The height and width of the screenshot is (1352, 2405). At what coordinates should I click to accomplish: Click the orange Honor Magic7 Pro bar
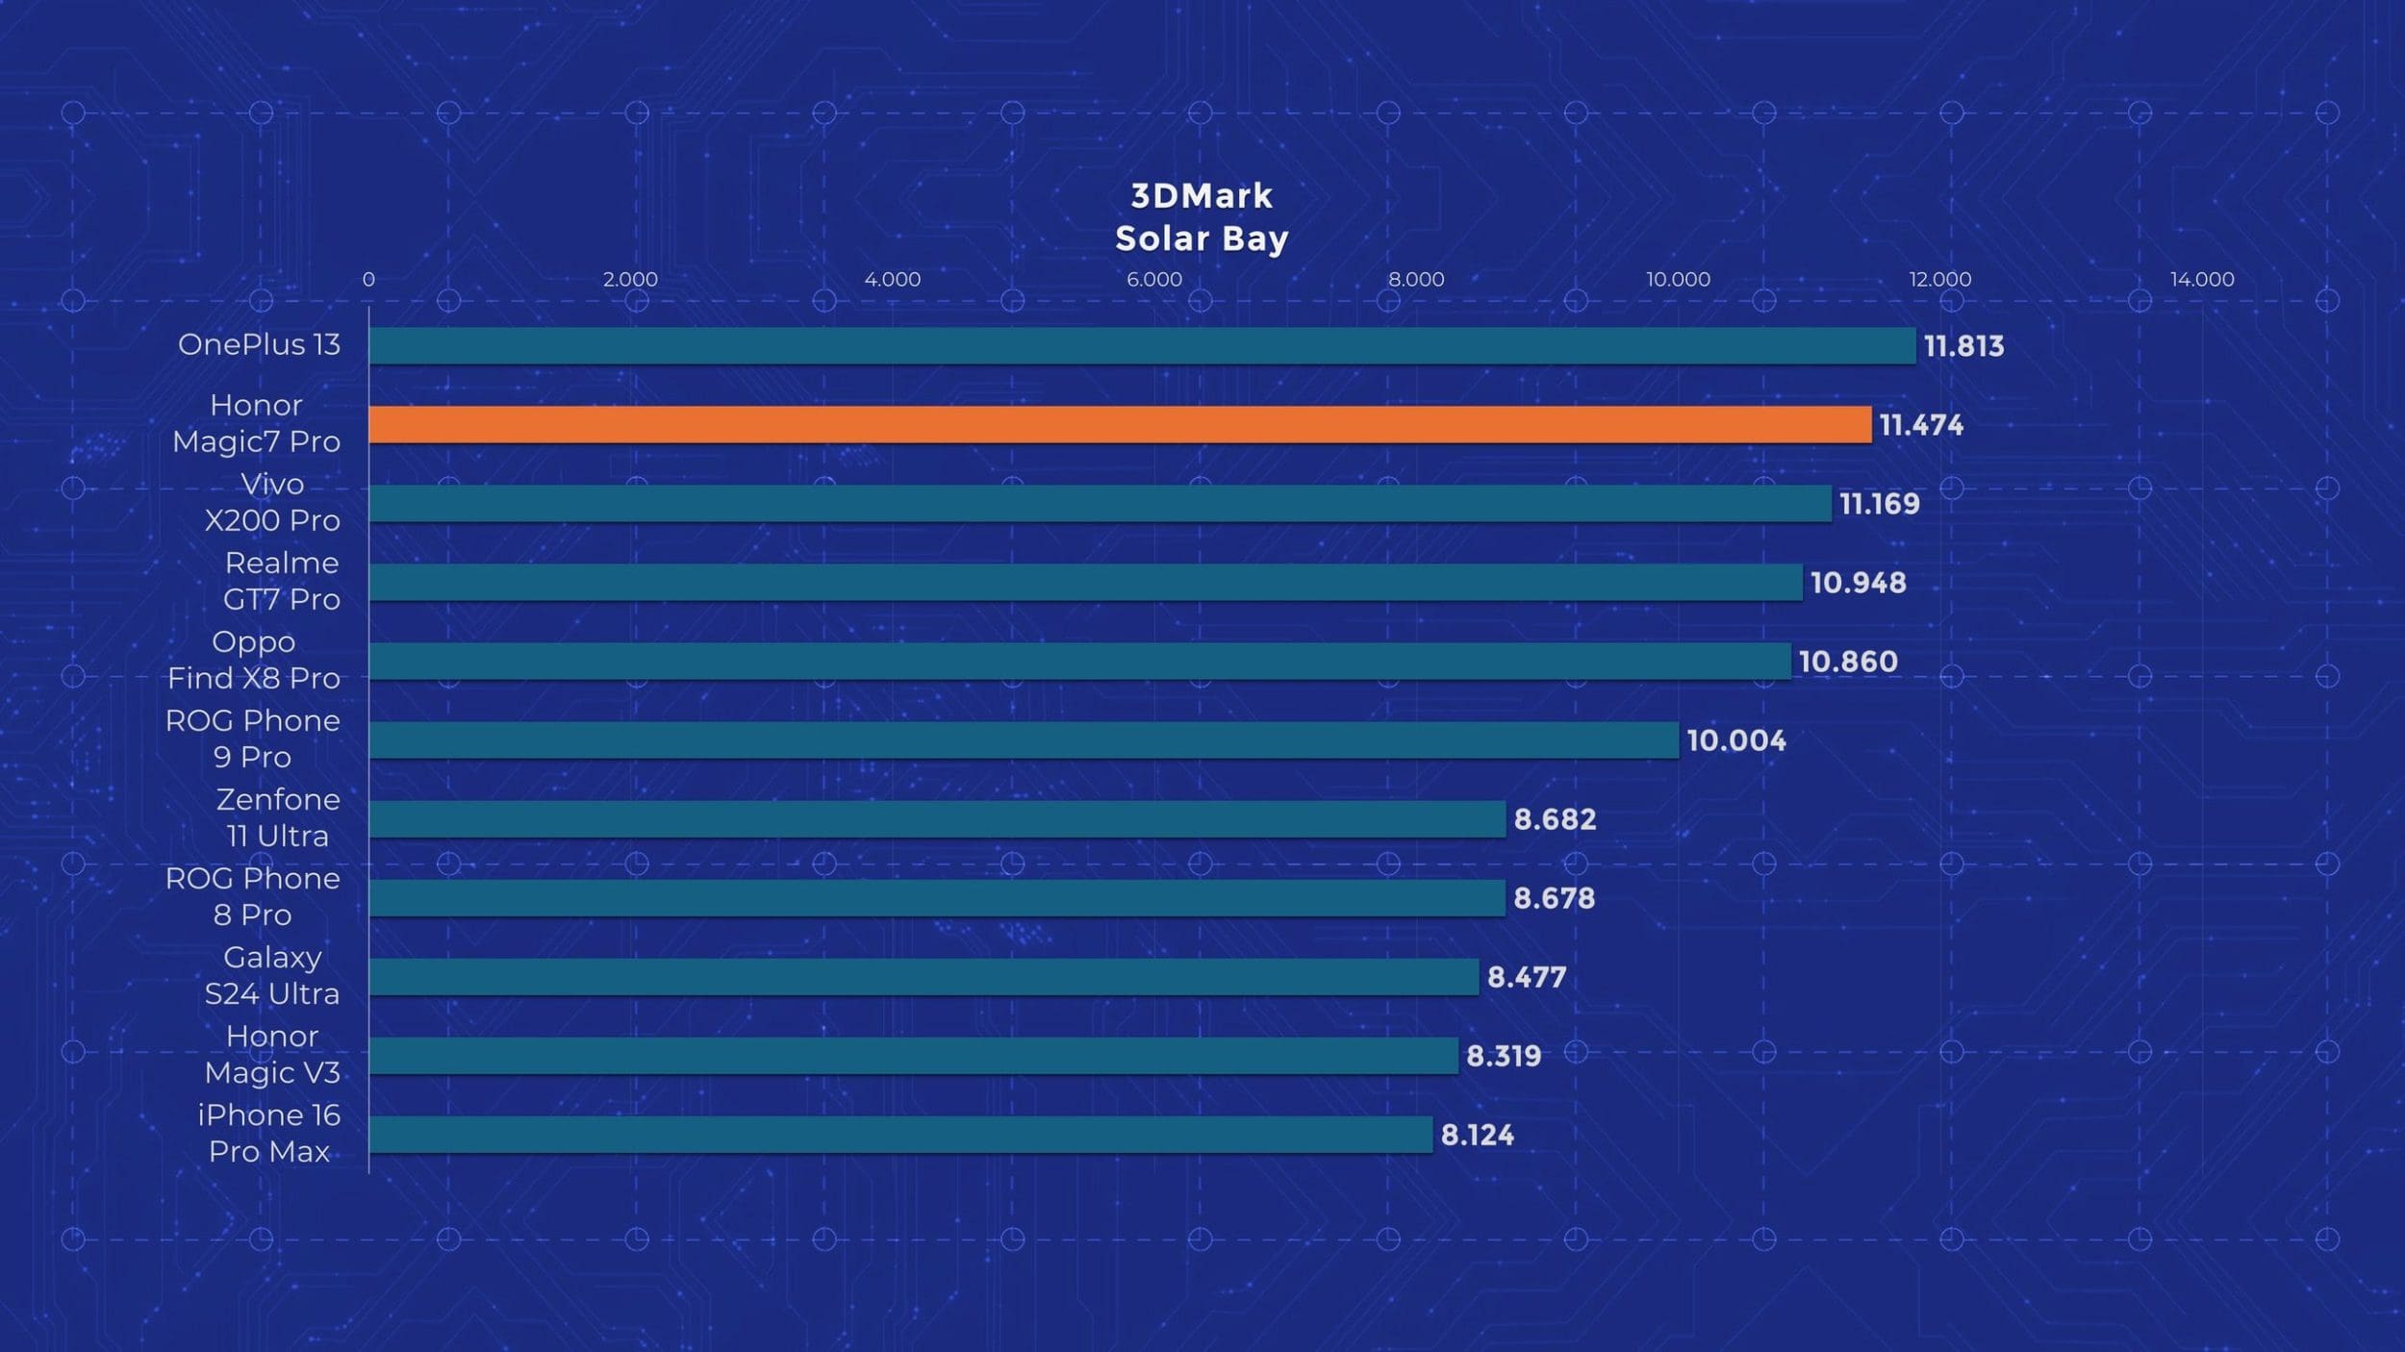coord(1120,425)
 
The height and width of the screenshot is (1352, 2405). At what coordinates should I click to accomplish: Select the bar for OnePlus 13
coord(1142,346)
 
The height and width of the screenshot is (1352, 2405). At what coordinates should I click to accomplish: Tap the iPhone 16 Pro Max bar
coord(900,1135)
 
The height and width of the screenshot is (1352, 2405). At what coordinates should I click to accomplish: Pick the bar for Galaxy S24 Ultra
coord(924,977)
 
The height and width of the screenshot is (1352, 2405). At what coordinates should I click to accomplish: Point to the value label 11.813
coord(1963,346)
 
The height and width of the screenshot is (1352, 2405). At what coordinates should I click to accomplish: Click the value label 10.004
coord(1736,740)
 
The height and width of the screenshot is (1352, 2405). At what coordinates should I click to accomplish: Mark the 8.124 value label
coord(1477,1136)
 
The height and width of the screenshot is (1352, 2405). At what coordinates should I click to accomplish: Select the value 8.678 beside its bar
coord(1554,898)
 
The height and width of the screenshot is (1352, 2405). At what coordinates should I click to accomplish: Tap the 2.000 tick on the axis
coord(630,280)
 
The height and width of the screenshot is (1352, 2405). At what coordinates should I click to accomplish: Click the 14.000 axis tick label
coord(2202,280)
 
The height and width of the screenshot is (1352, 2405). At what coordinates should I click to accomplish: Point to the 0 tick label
coord(368,280)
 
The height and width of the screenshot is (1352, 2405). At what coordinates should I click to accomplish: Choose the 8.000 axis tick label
coord(1416,280)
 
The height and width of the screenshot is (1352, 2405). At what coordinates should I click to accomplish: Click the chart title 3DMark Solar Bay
coord(1202,217)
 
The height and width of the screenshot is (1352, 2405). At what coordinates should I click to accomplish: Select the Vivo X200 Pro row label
coord(272,502)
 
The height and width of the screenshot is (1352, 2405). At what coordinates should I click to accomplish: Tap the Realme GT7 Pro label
coord(281,581)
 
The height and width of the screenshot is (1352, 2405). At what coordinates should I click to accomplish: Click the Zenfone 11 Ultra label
coord(277,817)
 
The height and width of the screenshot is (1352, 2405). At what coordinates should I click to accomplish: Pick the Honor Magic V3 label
coord(272,1054)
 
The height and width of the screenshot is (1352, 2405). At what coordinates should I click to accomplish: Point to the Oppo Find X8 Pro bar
coord(1079,662)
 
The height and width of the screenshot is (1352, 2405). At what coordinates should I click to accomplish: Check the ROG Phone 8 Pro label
coord(252,896)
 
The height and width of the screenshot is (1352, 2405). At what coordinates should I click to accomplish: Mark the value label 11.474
coord(1920,425)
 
